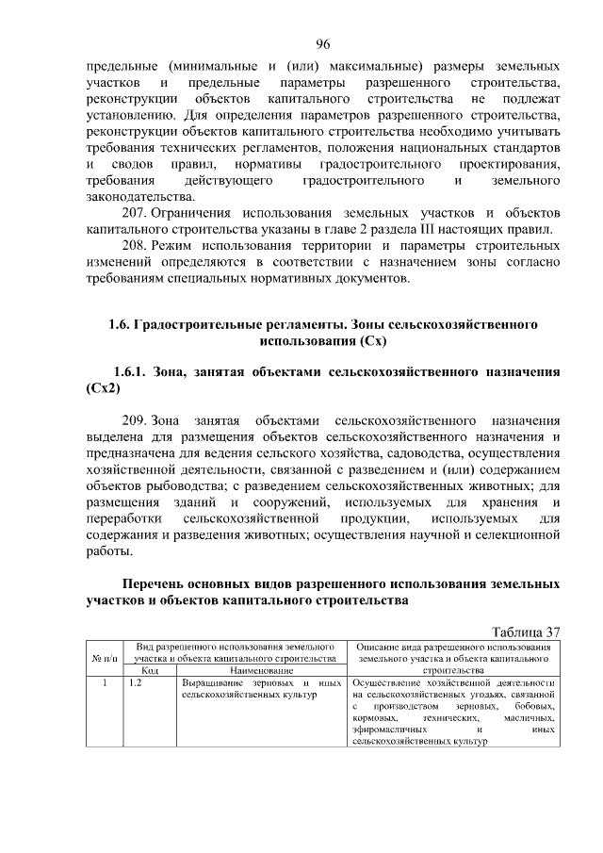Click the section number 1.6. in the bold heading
[x=119, y=324]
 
